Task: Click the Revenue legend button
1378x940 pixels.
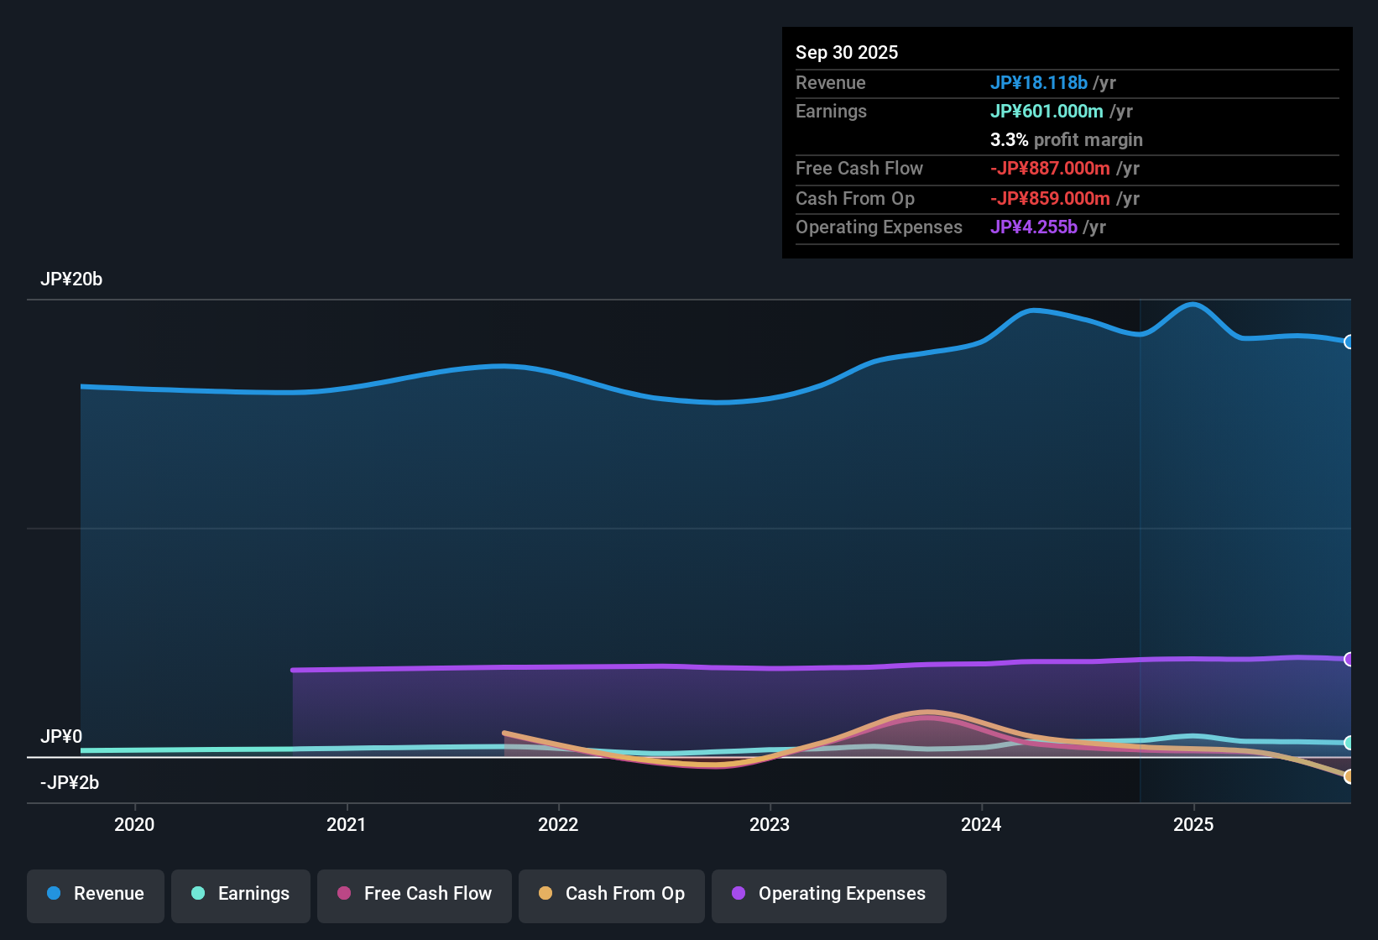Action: [x=96, y=894]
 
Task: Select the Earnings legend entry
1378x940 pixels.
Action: [x=241, y=894]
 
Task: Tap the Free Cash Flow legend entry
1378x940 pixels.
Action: [x=415, y=894]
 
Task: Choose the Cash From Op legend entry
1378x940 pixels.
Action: [x=612, y=894]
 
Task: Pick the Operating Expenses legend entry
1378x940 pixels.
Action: [x=829, y=894]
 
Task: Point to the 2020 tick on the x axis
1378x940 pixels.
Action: [x=134, y=824]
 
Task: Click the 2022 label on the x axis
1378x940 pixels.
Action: [x=558, y=824]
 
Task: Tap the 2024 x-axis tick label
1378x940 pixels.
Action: [x=981, y=824]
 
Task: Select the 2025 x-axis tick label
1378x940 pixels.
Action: [x=1193, y=824]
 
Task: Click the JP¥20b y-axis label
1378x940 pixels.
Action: [x=71, y=279]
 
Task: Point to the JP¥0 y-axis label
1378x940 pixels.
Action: [x=61, y=737]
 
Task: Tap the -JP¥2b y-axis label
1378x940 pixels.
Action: [x=70, y=783]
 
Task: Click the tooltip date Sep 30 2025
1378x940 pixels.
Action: [x=847, y=52]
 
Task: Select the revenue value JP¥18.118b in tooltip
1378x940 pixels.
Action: [x=1039, y=82]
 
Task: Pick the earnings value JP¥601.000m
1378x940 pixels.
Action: [x=1047, y=111]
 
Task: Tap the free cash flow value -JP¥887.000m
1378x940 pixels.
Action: [x=1050, y=168]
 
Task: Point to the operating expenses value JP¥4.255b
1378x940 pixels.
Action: [x=1034, y=227]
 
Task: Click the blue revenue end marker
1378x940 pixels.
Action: [x=1349, y=342]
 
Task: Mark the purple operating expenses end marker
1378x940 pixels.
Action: [x=1349, y=659]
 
